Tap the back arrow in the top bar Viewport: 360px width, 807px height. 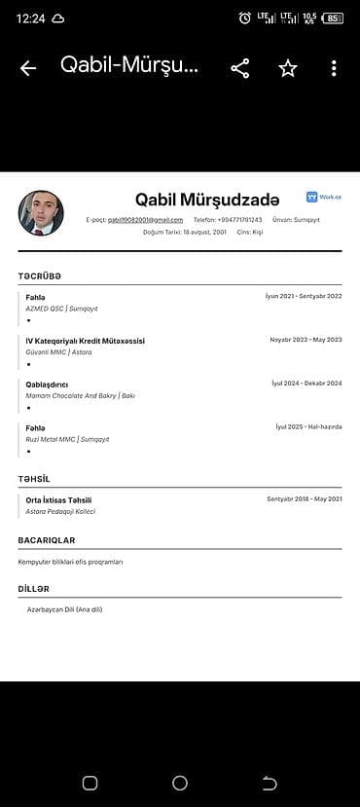[x=28, y=68]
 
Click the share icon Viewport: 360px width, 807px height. [x=239, y=68]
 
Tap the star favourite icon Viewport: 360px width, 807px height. [x=288, y=68]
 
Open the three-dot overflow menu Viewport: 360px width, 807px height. [x=334, y=68]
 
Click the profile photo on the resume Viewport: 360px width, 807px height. [x=41, y=213]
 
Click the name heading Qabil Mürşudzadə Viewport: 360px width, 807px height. [x=207, y=200]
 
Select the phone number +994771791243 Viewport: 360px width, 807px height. [x=238, y=220]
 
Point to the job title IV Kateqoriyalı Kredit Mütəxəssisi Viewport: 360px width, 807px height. [x=86, y=341]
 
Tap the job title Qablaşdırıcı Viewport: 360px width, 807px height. [x=47, y=385]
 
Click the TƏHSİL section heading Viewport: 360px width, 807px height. [x=33, y=479]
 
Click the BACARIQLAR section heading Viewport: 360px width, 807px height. [x=46, y=540]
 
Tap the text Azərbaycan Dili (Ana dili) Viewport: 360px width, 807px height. [x=64, y=609]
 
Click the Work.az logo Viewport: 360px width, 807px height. [x=324, y=197]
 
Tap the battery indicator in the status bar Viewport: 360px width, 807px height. [x=333, y=18]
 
